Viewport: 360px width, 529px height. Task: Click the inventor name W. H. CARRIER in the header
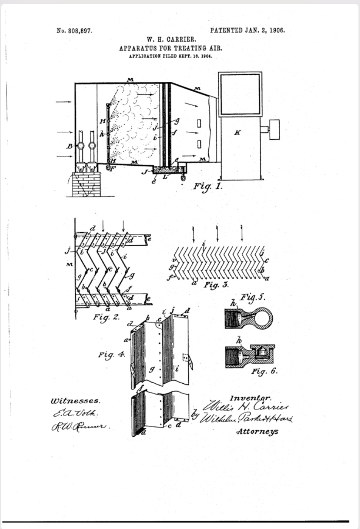pos(171,39)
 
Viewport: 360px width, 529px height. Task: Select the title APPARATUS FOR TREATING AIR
pos(171,48)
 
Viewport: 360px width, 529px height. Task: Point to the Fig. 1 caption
pos(208,186)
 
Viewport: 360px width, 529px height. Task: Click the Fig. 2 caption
pos(106,317)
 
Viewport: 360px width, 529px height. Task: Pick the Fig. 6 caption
pos(264,371)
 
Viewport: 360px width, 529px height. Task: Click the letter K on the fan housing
pos(237,132)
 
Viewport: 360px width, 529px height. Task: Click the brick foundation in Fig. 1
pos(86,184)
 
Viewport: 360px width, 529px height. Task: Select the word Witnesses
pos(76,401)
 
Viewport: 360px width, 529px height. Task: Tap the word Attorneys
pos(257,431)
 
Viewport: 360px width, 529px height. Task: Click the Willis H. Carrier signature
pos(246,407)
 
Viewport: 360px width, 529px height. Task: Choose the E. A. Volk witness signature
pos(75,413)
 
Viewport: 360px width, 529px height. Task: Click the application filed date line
pos(171,56)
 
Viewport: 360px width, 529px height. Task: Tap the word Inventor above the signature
pos(251,398)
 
